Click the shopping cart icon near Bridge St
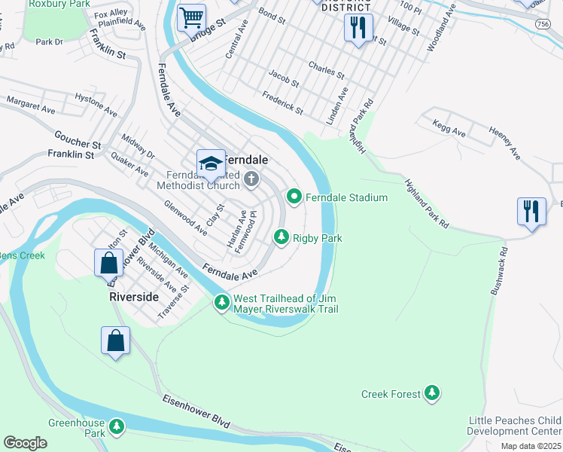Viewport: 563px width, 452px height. [192, 17]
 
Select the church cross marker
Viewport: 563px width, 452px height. [251, 179]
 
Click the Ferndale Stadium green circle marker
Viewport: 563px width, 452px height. [294, 197]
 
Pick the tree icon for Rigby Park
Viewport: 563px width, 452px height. [281, 237]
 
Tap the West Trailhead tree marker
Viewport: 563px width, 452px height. [221, 302]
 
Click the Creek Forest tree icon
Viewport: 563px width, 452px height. [431, 393]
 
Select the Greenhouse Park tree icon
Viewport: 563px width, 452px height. [116, 427]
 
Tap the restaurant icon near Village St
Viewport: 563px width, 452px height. [358, 28]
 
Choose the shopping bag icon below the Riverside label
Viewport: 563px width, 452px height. [116, 340]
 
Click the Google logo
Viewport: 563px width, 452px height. [25, 442]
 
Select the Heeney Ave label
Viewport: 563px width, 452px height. [504, 143]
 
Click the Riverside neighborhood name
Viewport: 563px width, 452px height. [134, 297]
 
